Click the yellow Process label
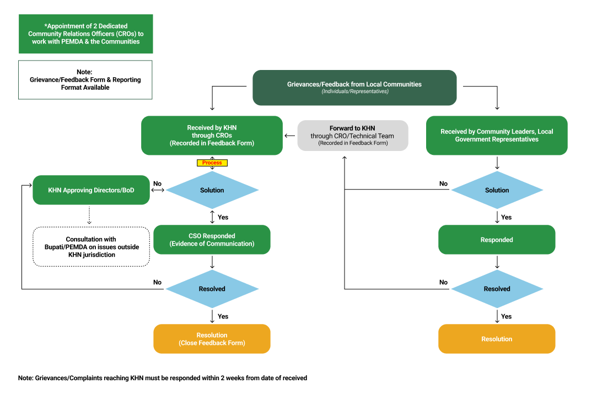[x=212, y=163]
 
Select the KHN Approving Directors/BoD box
[x=91, y=190]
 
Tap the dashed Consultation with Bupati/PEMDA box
[x=91, y=247]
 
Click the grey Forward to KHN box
[x=353, y=136]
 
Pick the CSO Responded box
[x=212, y=240]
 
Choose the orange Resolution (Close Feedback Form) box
[x=212, y=339]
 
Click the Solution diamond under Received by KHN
[x=212, y=190]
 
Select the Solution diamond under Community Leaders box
[x=497, y=190]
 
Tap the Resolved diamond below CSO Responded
[x=212, y=289]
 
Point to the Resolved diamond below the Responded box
[x=497, y=289]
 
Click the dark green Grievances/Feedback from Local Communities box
[x=354, y=88]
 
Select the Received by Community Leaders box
[x=497, y=135]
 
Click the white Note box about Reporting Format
[x=85, y=80]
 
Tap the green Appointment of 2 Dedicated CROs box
[x=85, y=34]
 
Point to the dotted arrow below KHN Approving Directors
[x=89, y=215]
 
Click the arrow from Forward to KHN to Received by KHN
[x=290, y=136]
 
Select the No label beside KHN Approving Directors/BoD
[x=157, y=183]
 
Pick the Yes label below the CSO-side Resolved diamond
[x=223, y=316]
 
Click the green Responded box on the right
[x=497, y=240]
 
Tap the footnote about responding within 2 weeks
[x=163, y=378]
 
